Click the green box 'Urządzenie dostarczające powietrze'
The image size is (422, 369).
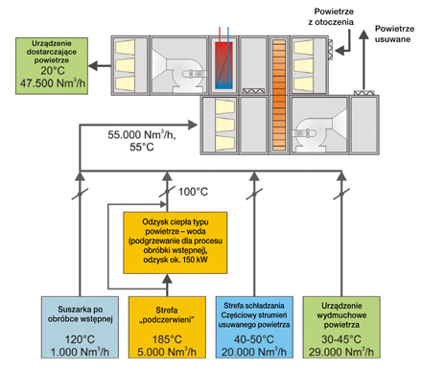pyautogui.click(x=52, y=66)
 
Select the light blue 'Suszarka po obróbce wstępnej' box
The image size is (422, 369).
pyautogui.click(x=80, y=327)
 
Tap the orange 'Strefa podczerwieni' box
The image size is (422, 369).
pyautogui.click(x=167, y=327)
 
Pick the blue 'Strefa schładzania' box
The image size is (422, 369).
pyautogui.click(x=254, y=327)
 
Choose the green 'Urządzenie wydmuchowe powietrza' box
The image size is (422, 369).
pyautogui.click(x=341, y=327)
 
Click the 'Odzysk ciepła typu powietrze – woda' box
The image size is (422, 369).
pyautogui.click(x=176, y=242)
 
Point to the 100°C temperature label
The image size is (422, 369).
pyautogui.click(x=193, y=192)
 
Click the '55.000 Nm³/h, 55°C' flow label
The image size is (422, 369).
pyautogui.click(x=142, y=141)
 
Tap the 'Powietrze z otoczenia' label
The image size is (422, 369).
pyautogui.click(x=331, y=16)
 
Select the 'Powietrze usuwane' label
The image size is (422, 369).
pyautogui.click(x=394, y=34)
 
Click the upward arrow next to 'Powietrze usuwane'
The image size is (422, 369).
pyautogui.click(x=363, y=60)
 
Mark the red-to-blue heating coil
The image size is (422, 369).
pyautogui.click(x=223, y=65)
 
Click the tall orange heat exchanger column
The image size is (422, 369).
pyautogui.click(x=279, y=95)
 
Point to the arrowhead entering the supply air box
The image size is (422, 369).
pyautogui.click(x=93, y=66)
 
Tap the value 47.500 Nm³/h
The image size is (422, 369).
pyautogui.click(x=53, y=83)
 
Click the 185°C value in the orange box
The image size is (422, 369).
pyautogui.click(x=167, y=339)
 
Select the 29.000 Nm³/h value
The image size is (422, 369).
pyautogui.click(x=341, y=352)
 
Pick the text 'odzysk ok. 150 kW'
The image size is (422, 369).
pyautogui.click(x=176, y=260)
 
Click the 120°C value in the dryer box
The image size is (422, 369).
pyautogui.click(x=80, y=339)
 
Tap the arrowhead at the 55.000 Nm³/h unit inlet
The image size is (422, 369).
pyautogui.click(x=193, y=125)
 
